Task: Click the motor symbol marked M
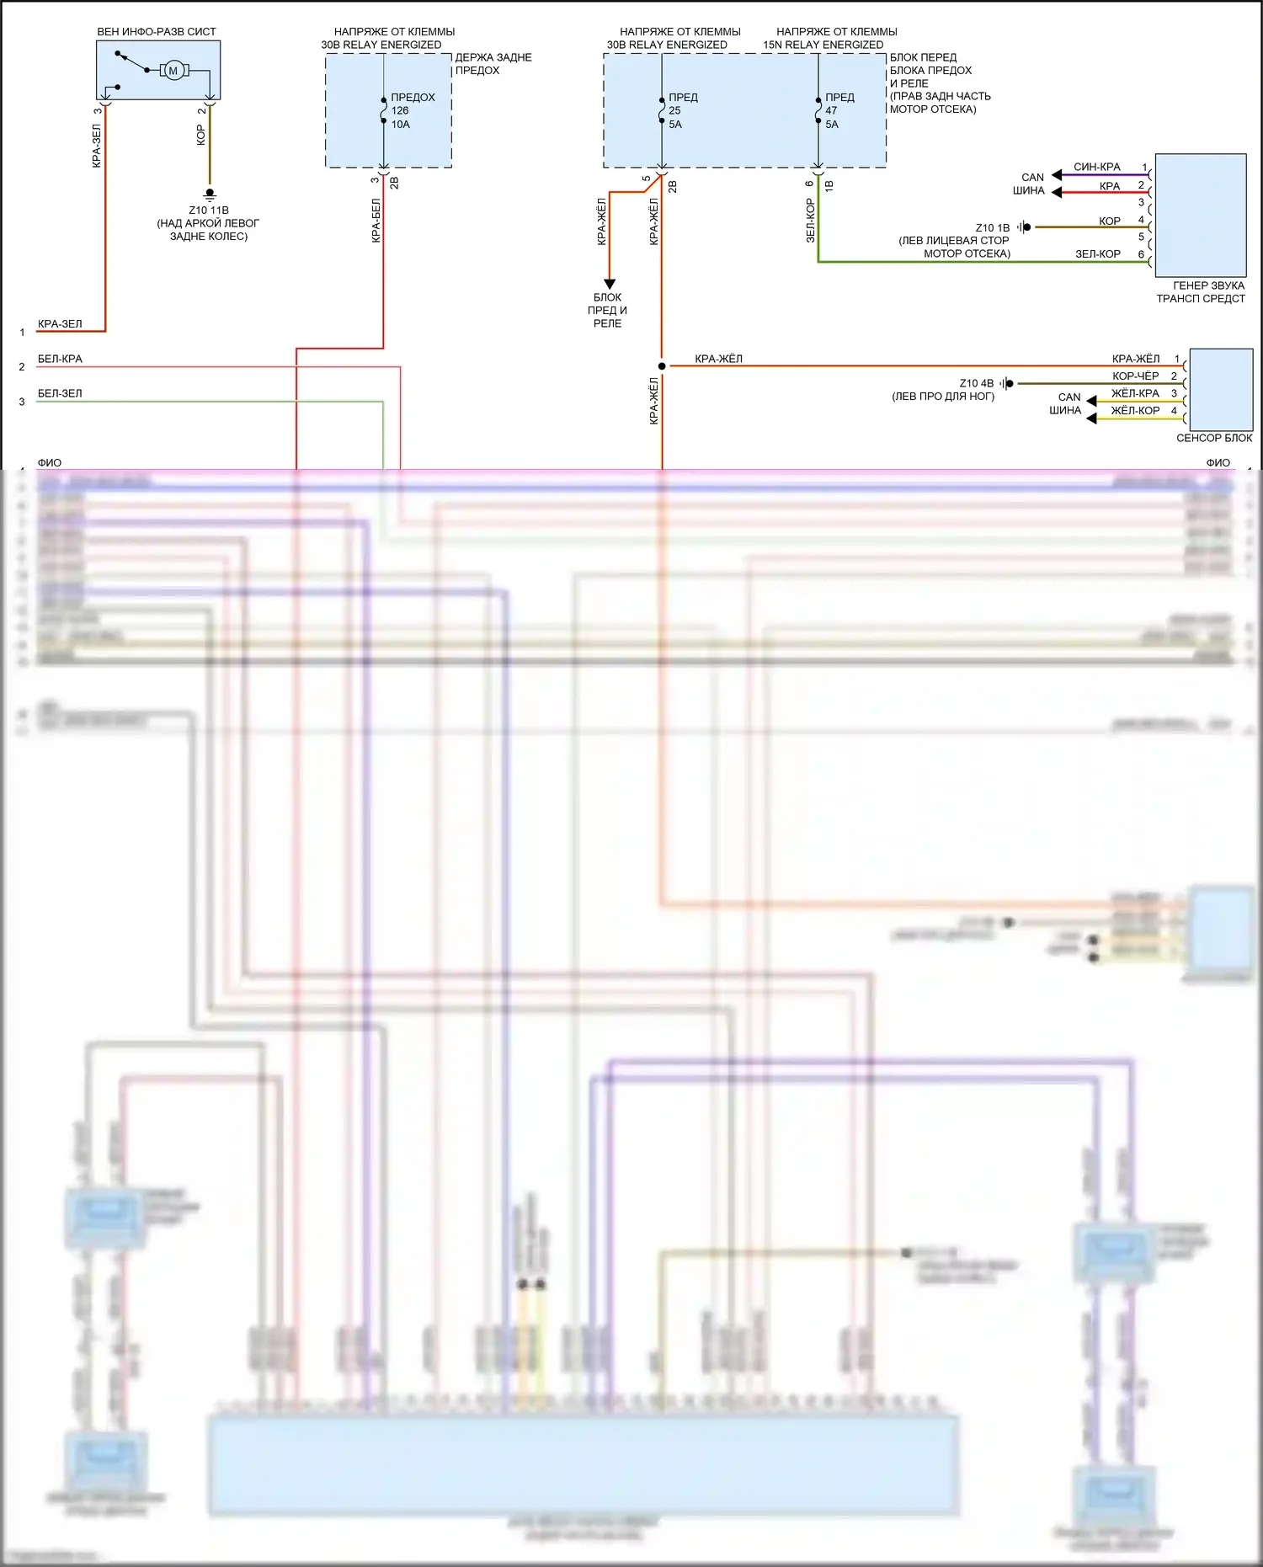[173, 70]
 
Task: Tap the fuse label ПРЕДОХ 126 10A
[412, 110]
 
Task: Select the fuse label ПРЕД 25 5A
[682, 110]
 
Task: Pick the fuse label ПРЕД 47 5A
[839, 110]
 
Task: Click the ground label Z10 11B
[208, 211]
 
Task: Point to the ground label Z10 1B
[992, 227]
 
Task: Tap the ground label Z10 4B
[976, 383]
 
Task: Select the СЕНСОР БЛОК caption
[1213, 438]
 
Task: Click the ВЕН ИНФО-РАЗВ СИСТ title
[157, 32]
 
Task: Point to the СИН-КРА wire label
[1096, 167]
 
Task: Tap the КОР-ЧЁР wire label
[1135, 376]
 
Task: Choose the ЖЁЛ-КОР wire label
[1135, 410]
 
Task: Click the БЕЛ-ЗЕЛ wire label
[60, 393]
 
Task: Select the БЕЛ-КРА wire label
[60, 359]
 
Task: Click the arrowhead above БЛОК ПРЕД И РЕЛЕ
[610, 284]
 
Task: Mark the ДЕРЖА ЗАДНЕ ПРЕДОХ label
[493, 64]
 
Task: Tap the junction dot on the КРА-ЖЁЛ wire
[662, 366]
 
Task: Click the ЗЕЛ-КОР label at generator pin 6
[1097, 253]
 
